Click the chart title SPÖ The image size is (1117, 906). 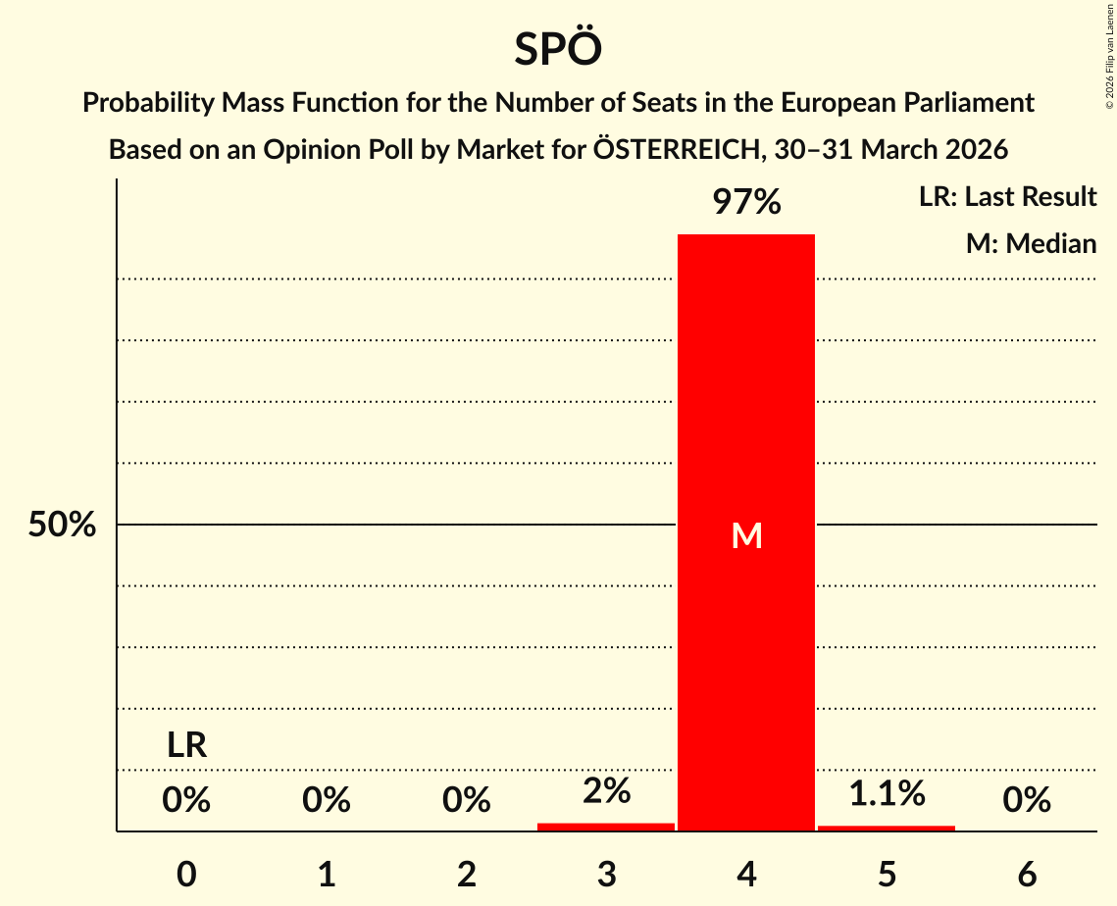point(557,49)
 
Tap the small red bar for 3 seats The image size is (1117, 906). point(606,827)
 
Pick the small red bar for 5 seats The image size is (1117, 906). point(887,828)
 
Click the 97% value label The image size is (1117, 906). point(746,203)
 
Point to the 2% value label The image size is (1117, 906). point(606,791)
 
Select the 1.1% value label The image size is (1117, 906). point(887,793)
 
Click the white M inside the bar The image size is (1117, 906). point(746,535)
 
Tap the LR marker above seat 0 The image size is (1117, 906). point(186,746)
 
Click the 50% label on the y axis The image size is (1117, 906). point(62,526)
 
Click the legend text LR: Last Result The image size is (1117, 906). point(1007,197)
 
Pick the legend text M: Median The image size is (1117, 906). point(1031,243)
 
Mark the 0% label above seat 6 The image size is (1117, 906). point(1027,801)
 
